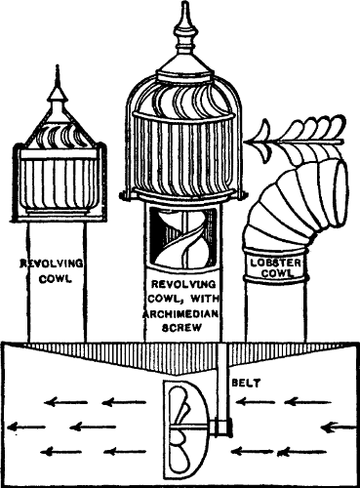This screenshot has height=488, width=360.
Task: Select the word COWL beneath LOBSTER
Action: [x=276, y=274]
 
